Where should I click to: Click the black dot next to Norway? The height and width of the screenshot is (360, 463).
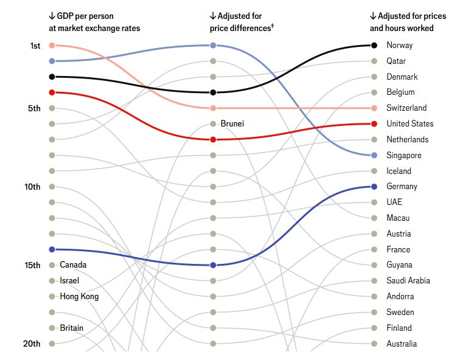pyautogui.click(x=374, y=45)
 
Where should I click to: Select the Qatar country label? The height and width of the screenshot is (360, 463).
pyautogui.click(x=395, y=61)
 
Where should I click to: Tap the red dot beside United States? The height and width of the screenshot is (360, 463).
pyautogui.click(x=374, y=124)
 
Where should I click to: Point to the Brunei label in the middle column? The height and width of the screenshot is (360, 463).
pyautogui.click(x=232, y=124)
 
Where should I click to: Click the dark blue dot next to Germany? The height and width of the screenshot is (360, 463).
pyautogui.click(x=374, y=187)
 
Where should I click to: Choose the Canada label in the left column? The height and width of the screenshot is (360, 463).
pyautogui.click(x=73, y=265)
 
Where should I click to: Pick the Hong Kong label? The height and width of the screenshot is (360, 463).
pyautogui.click(x=79, y=297)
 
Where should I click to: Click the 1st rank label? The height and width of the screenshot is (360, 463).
pyautogui.click(x=35, y=46)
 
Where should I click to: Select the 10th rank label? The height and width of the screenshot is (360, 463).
pyautogui.click(x=32, y=187)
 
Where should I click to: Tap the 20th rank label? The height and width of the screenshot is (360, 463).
pyautogui.click(x=32, y=344)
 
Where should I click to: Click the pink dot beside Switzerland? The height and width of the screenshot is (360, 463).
pyautogui.click(x=374, y=108)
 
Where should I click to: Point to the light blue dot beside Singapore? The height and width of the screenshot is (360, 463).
pyautogui.click(x=374, y=155)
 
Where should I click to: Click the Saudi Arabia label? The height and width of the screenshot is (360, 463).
pyautogui.click(x=408, y=281)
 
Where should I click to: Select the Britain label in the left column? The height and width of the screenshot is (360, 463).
pyautogui.click(x=72, y=328)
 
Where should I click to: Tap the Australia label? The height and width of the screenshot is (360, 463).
pyautogui.click(x=402, y=344)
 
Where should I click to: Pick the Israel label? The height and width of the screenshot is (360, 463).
pyautogui.click(x=69, y=281)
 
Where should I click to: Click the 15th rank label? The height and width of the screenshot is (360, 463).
pyautogui.click(x=32, y=265)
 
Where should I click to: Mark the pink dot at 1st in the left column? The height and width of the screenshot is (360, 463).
pyautogui.click(x=52, y=45)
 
